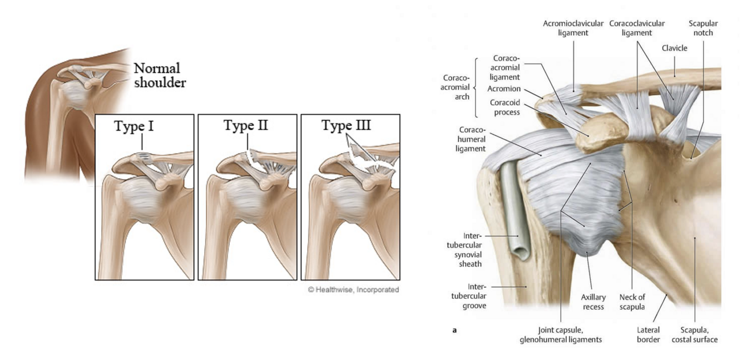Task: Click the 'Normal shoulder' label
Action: [160, 76]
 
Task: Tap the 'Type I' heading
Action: [134, 126]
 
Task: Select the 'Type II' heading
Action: [245, 125]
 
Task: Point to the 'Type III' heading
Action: [347, 125]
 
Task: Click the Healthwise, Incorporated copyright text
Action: [353, 290]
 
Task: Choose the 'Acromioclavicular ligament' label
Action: [572, 28]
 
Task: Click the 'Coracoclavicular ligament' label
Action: [637, 28]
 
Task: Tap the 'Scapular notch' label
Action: [703, 28]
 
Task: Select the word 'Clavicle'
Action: [674, 48]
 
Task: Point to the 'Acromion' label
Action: [504, 88]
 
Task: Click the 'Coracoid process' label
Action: [504, 107]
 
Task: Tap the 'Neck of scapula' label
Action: [632, 302]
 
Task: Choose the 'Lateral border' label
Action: [648, 335]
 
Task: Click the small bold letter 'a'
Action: [454, 331]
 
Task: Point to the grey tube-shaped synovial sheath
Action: [513, 211]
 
